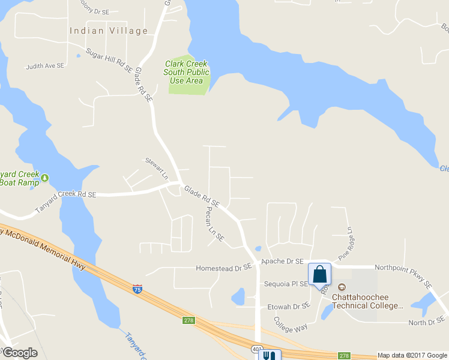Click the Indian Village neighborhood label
pyautogui.click(x=109, y=31)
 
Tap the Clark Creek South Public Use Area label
pyautogui.click(x=186, y=72)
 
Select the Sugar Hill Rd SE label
pyautogui.click(x=109, y=61)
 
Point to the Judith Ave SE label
pyautogui.click(x=45, y=66)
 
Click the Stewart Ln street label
pyautogui.click(x=156, y=169)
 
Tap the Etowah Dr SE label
pyautogui.click(x=288, y=306)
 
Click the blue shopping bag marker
pyautogui.click(x=319, y=274)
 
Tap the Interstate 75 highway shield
pyautogui.click(x=137, y=289)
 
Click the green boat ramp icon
pyautogui.click(x=44, y=178)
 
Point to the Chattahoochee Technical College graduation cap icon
pyautogui.click(x=343, y=289)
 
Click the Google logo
pyautogui.click(x=20, y=353)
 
